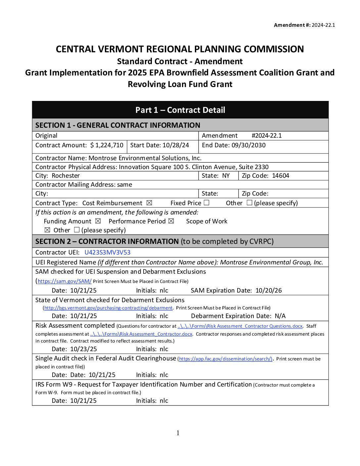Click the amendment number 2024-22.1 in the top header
tap(323, 25)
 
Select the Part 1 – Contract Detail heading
tap(180, 110)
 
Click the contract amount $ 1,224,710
tap(107, 145)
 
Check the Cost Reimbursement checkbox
tap(149, 203)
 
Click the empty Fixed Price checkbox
tap(206, 203)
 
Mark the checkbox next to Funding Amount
tap(98, 221)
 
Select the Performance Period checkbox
tap(171, 221)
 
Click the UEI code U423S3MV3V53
tap(108, 253)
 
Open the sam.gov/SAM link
tap(65, 281)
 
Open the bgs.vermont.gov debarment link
tap(109, 308)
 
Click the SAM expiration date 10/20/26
tap(269, 291)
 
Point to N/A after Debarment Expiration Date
tap(280, 316)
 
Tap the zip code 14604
tap(281, 176)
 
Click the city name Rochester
tap(66, 176)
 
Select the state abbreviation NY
tap(226, 176)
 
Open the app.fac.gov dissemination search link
tap(225, 359)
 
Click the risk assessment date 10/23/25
tap(84, 349)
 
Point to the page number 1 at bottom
tap(178, 433)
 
